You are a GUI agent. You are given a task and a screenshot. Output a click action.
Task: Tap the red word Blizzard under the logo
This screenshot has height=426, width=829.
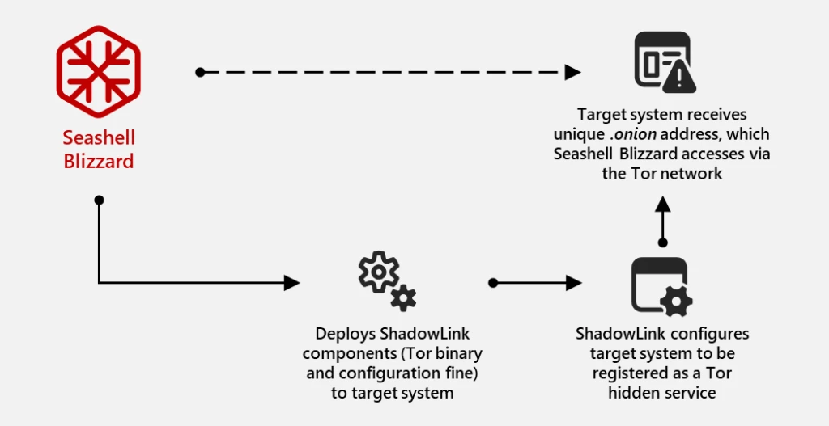tap(99, 161)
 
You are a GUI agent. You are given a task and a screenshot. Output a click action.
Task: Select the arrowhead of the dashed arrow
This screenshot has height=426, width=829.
tap(573, 72)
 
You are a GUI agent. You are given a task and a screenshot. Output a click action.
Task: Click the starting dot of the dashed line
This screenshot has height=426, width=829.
tap(200, 72)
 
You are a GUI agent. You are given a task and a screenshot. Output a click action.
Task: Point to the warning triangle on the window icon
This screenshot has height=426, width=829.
tap(678, 78)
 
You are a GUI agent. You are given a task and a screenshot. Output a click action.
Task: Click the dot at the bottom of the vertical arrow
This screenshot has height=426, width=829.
tap(662, 242)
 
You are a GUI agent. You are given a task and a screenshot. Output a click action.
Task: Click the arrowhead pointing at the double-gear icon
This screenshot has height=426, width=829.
tap(292, 283)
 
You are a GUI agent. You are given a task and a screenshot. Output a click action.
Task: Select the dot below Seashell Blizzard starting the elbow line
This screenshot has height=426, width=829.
tap(99, 199)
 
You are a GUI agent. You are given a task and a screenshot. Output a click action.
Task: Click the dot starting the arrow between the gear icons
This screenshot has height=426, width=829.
tap(493, 283)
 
